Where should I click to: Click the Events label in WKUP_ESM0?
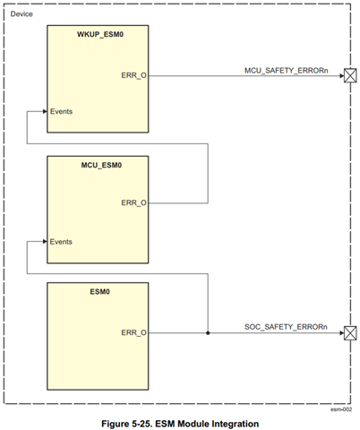[62, 112]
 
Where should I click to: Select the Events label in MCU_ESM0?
[62, 241]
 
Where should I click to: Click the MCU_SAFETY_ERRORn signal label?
[285, 68]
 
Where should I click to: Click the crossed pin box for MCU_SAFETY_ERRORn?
[350, 76]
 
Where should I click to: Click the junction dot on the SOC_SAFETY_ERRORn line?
[208, 332]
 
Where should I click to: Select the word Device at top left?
[22, 13]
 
